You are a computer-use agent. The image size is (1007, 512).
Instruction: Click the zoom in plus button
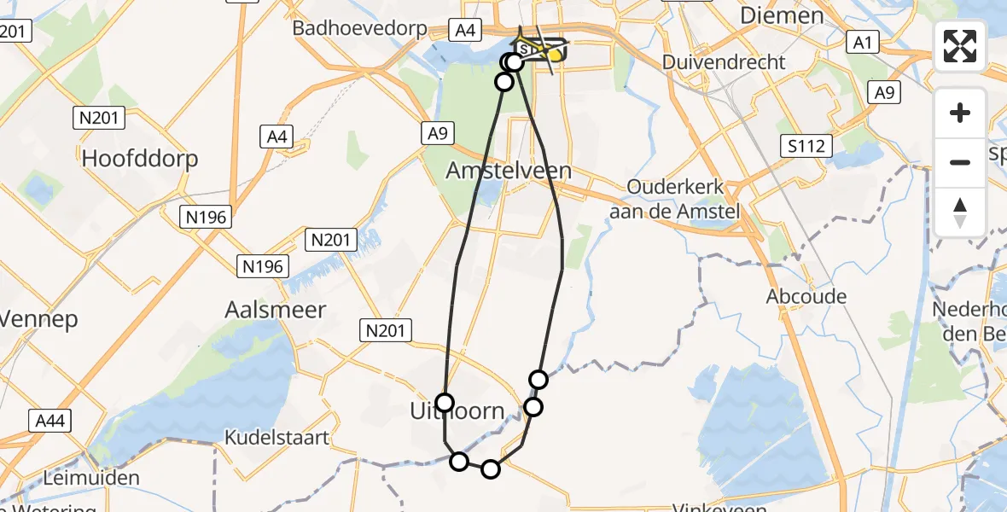(x=960, y=113)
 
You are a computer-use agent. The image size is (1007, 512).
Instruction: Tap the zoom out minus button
(x=960, y=162)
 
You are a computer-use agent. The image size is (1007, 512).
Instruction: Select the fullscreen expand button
(x=960, y=46)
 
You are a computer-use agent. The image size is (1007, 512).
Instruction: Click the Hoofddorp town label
(x=140, y=159)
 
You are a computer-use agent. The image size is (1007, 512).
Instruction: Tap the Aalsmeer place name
(x=275, y=310)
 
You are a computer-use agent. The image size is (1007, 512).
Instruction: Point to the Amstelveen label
(x=509, y=171)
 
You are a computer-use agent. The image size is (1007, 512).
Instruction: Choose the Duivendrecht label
(x=724, y=62)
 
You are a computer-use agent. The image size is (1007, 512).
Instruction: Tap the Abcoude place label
(x=806, y=297)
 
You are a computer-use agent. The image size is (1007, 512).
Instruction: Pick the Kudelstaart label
(x=276, y=438)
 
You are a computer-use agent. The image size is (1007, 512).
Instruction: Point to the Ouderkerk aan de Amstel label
(x=674, y=199)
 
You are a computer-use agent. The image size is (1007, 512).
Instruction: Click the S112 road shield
(x=806, y=146)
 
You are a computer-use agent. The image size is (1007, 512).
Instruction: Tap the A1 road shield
(x=863, y=40)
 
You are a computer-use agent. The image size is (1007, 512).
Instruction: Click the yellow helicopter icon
(x=552, y=54)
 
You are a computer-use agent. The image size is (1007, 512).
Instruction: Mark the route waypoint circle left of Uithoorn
(x=445, y=402)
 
